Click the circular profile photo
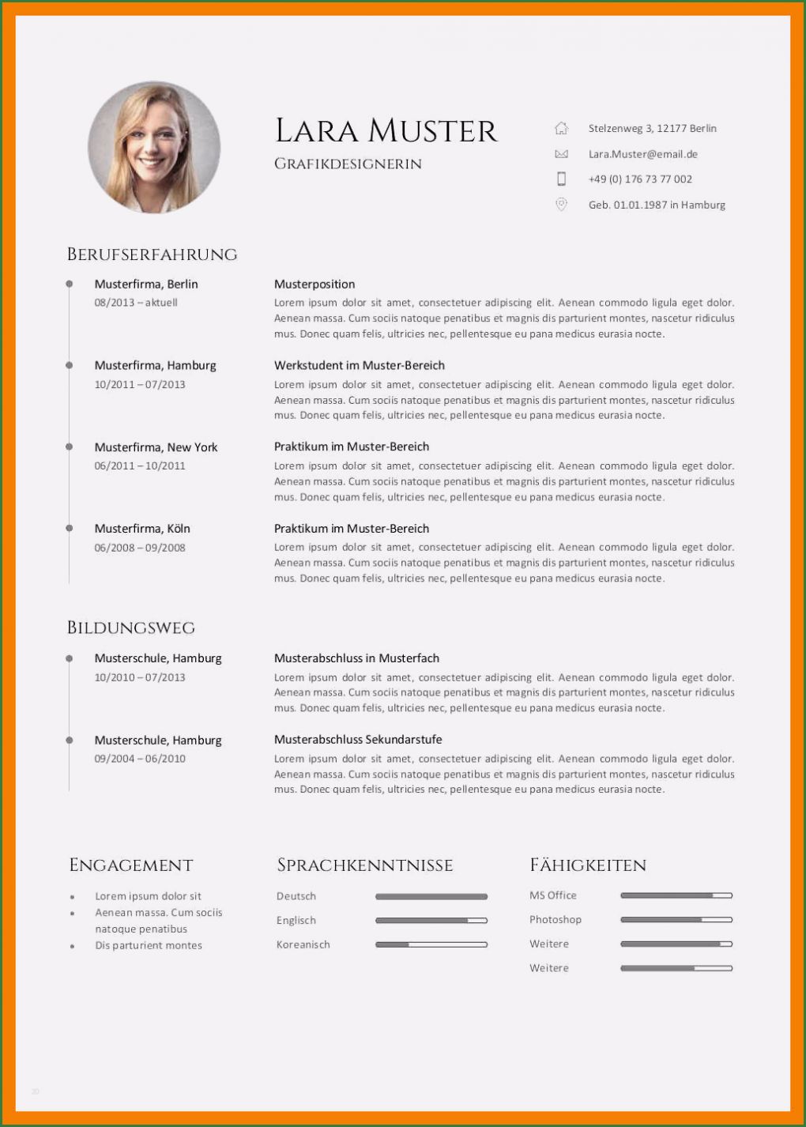point(154,148)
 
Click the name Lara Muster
point(386,131)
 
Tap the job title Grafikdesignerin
point(348,164)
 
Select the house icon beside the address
point(561,128)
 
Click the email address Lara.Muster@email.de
point(642,154)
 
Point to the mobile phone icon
point(561,179)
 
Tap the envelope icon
point(561,154)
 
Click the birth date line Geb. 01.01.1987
point(656,205)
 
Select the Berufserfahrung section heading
point(152,254)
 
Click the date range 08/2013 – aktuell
point(136,303)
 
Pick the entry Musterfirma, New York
point(156,447)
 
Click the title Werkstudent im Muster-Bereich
point(359,365)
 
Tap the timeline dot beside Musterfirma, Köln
point(70,528)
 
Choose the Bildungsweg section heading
point(130,628)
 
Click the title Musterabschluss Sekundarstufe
point(358,740)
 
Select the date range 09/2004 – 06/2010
point(140,759)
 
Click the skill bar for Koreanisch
point(431,944)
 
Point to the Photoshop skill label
point(555,920)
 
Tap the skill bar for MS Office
point(676,895)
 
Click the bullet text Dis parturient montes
point(149,945)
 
